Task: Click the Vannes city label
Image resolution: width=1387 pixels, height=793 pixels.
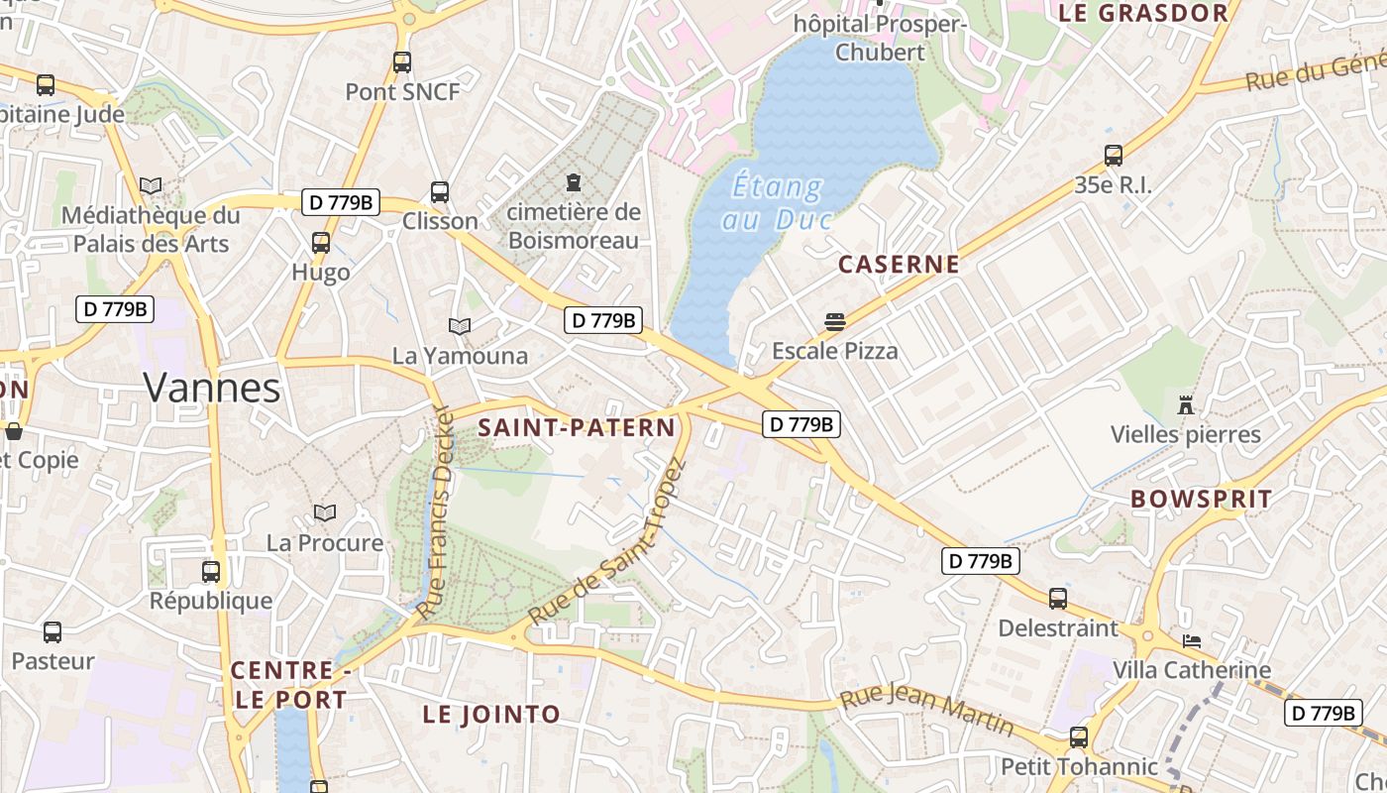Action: click(212, 388)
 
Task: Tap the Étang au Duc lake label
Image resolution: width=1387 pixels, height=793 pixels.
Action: click(779, 202)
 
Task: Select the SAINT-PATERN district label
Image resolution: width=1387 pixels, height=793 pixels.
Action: click(577, 428)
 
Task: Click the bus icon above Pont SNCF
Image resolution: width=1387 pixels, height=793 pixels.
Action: click(401, 62)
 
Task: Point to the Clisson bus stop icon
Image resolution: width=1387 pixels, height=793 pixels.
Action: click(440, 192)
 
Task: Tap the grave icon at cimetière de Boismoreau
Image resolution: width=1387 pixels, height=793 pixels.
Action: click(573, 182)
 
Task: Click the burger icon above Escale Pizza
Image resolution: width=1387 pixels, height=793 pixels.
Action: click(835, 321)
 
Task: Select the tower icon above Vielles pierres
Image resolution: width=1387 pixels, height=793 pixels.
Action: click(1185, 404)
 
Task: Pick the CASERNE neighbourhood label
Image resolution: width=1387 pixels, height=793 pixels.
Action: click(899, 265)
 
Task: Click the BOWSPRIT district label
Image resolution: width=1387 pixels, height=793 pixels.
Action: click(1201, 499)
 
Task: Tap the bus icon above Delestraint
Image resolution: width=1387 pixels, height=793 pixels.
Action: click(1058, 599)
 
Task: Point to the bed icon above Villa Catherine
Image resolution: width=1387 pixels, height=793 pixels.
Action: click(1191, 641)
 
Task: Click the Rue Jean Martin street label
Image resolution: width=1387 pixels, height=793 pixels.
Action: click(927, 709)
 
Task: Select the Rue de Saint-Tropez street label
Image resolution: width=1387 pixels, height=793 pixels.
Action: click(607, 542)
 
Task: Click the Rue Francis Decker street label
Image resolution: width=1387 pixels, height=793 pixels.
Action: click(435, 512)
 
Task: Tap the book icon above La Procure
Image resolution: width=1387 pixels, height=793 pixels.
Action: click(325, 512)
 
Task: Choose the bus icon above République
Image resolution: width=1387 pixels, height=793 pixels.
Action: click(211, 572)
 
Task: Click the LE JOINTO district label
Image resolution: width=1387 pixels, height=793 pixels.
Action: click(491, 714)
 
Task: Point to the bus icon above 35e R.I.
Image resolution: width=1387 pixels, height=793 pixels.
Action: click(1114, 156)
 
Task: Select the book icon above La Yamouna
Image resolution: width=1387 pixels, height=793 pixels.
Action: click(460, 325)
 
